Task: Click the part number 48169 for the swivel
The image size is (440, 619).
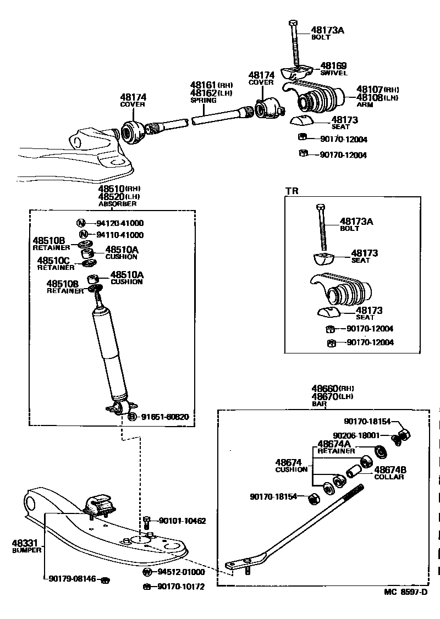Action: [x=333, y=65]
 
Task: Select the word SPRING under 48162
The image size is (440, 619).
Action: [x=200, y=101]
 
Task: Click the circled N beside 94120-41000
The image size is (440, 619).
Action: [x=81, y=223]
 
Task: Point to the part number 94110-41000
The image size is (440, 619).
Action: [x=120, y=235]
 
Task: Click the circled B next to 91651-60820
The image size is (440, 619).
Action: [x=132, y=417]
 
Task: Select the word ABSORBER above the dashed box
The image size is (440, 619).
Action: [x=117, y=203]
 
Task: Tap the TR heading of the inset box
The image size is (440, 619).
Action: [x=291, y=191]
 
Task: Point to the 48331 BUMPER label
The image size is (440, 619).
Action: [x=25, y=546]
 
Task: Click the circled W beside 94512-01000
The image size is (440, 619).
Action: [x=147, y=572]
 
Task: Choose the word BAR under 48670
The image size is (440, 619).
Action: [x=319, y=404]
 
